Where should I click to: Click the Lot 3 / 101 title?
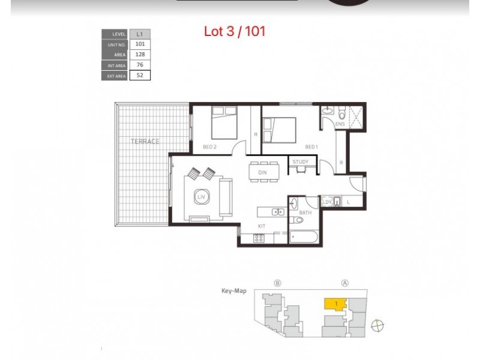coord(235,31)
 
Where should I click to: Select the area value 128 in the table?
coord(140,55)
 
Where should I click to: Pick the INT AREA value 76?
coord(140,65)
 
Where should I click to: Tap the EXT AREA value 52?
coord(140,76)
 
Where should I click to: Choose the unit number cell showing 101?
coord(140,44)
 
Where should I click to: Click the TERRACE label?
coord(145,142)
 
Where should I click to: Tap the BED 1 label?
coord(311,147)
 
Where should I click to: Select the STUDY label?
coord(301,162)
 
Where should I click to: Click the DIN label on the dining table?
coord(262,173)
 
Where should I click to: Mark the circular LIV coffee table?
coord(200,196)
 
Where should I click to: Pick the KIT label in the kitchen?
coord(262,226)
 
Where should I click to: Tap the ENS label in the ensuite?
coord(340,124)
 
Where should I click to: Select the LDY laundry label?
coord(327,202)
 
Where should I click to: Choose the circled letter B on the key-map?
coord(277,283)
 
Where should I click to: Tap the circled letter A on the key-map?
coord(345,283)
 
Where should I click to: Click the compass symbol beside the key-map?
coord(377,326)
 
